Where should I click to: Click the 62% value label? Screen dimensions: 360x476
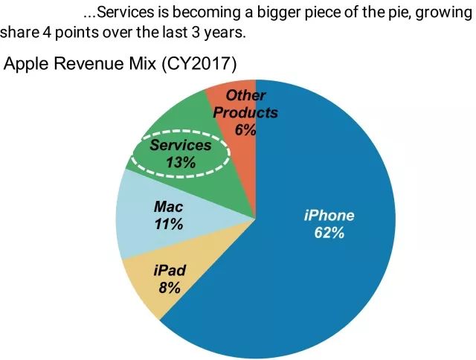pyautogui.click(x=329, y=233)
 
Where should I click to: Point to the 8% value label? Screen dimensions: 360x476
pyautogui.click(x=169, y=287)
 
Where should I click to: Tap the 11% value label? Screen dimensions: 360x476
pyautogui.click(x=169, y=224)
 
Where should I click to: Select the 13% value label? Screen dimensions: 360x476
pyautogui.click(x=181, y=162)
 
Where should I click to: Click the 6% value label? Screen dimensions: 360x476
pyautogui.click(x=245, y=129)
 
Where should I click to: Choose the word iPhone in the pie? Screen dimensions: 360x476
pyautogui.click(x=329, y=216)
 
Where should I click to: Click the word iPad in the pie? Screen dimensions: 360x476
pyautogui.click(x=170, y=270)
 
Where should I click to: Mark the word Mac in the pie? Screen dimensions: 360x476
pyautogui.click(x=169, y=207)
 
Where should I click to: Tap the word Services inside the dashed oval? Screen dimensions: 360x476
pyautogui.click(x=181, y=146)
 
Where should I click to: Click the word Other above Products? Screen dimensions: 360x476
pyautogui.click(x=245, y=95)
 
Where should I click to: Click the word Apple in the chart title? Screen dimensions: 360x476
pyautogui.click(x=27, y=64)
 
